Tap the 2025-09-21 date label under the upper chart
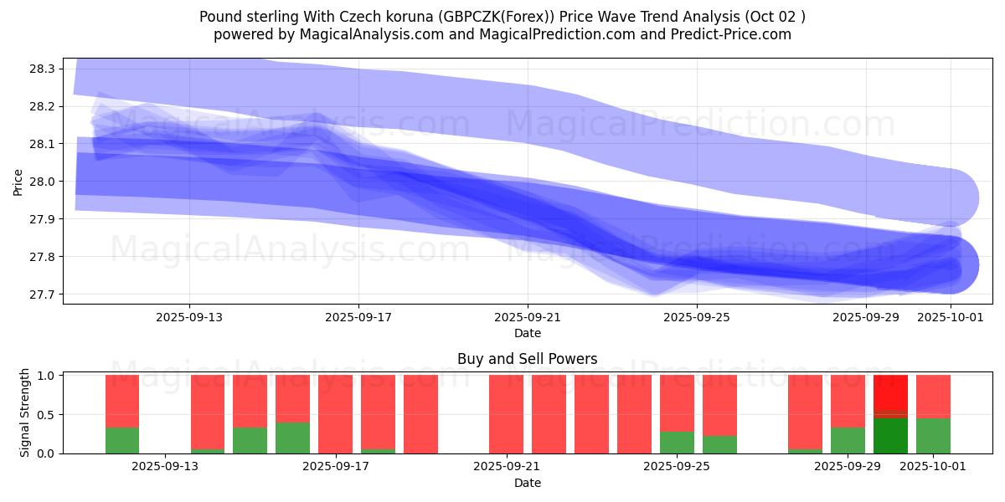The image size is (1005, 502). [x=528, y=317]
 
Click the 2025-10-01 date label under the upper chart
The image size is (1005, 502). [x=951, y=317]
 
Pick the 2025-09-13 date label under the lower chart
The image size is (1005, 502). [x=165, y=467]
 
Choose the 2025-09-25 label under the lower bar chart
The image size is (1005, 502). [x=678, y=467]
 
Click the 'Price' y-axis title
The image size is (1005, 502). [x=18, y=182]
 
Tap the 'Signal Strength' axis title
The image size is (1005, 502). [x=25, y=412]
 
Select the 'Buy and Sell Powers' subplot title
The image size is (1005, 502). [x=528, y=359]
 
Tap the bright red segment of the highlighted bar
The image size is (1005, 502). [x=890, y=393]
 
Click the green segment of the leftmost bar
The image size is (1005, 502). [x=122, y=440]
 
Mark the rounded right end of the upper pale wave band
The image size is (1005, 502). [x=955, y=198]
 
